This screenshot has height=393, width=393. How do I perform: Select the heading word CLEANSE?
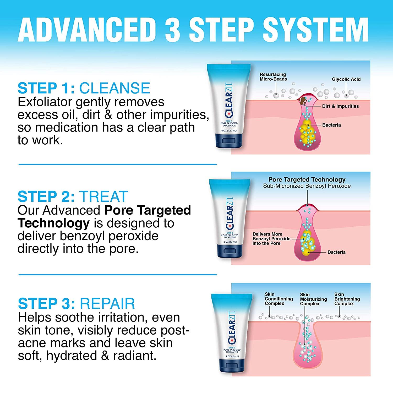click(x=114, y=88)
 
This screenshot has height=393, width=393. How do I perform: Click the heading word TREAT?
click(x=103, y=196)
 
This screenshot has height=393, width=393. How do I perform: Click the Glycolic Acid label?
click(x=346, y=79)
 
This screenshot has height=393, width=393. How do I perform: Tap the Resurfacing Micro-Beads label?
click(x=273, y=77)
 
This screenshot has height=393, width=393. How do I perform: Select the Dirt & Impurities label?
click(x=340, y=106)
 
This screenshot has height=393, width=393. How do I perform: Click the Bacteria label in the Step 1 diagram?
click(x=331, y=125)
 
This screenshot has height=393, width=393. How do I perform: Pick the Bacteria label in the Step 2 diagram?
click(x=336, y=252)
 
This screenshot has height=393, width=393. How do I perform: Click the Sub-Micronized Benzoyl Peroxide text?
click(x=307, y=186)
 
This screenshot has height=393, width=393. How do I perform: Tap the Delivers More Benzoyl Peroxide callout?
click(x=271, y=239)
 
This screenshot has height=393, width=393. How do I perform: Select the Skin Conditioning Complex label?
click(x=279, y=299)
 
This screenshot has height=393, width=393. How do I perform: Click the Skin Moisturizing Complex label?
click(x=313, y=299)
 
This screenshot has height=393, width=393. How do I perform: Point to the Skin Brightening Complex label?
click(x=347, y=299)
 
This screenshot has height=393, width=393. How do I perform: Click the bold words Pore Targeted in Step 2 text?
click(x=148, y=210)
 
